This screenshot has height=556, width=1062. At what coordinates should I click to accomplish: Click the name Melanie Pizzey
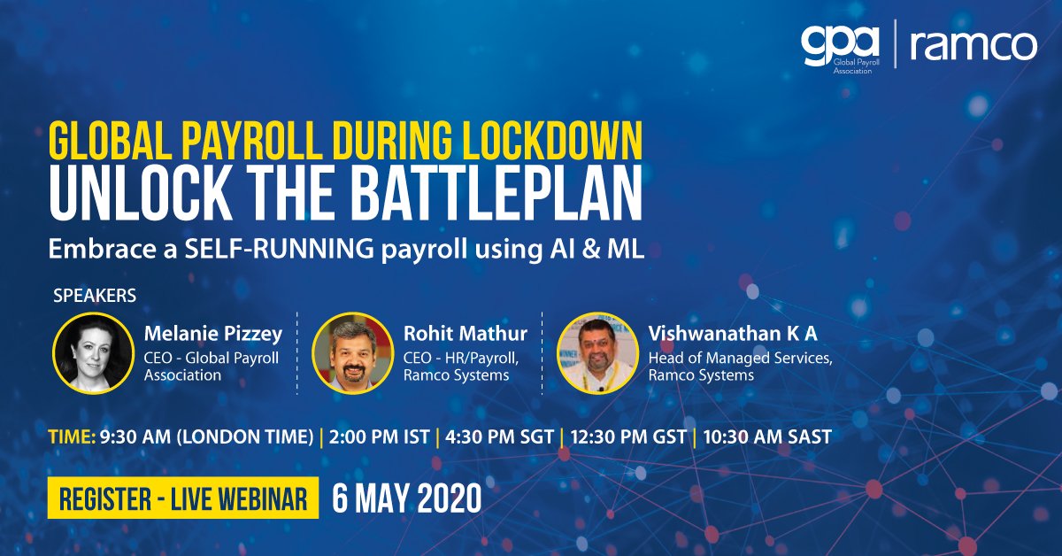213,334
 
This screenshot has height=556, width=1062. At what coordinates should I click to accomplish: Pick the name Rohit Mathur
465,334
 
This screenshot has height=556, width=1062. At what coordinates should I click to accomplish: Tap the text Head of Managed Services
740,359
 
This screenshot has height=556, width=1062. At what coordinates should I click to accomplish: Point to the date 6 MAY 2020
408,499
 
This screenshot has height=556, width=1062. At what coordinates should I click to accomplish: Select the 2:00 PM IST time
380,436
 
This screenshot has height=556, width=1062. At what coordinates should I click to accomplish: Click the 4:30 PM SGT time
500,436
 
